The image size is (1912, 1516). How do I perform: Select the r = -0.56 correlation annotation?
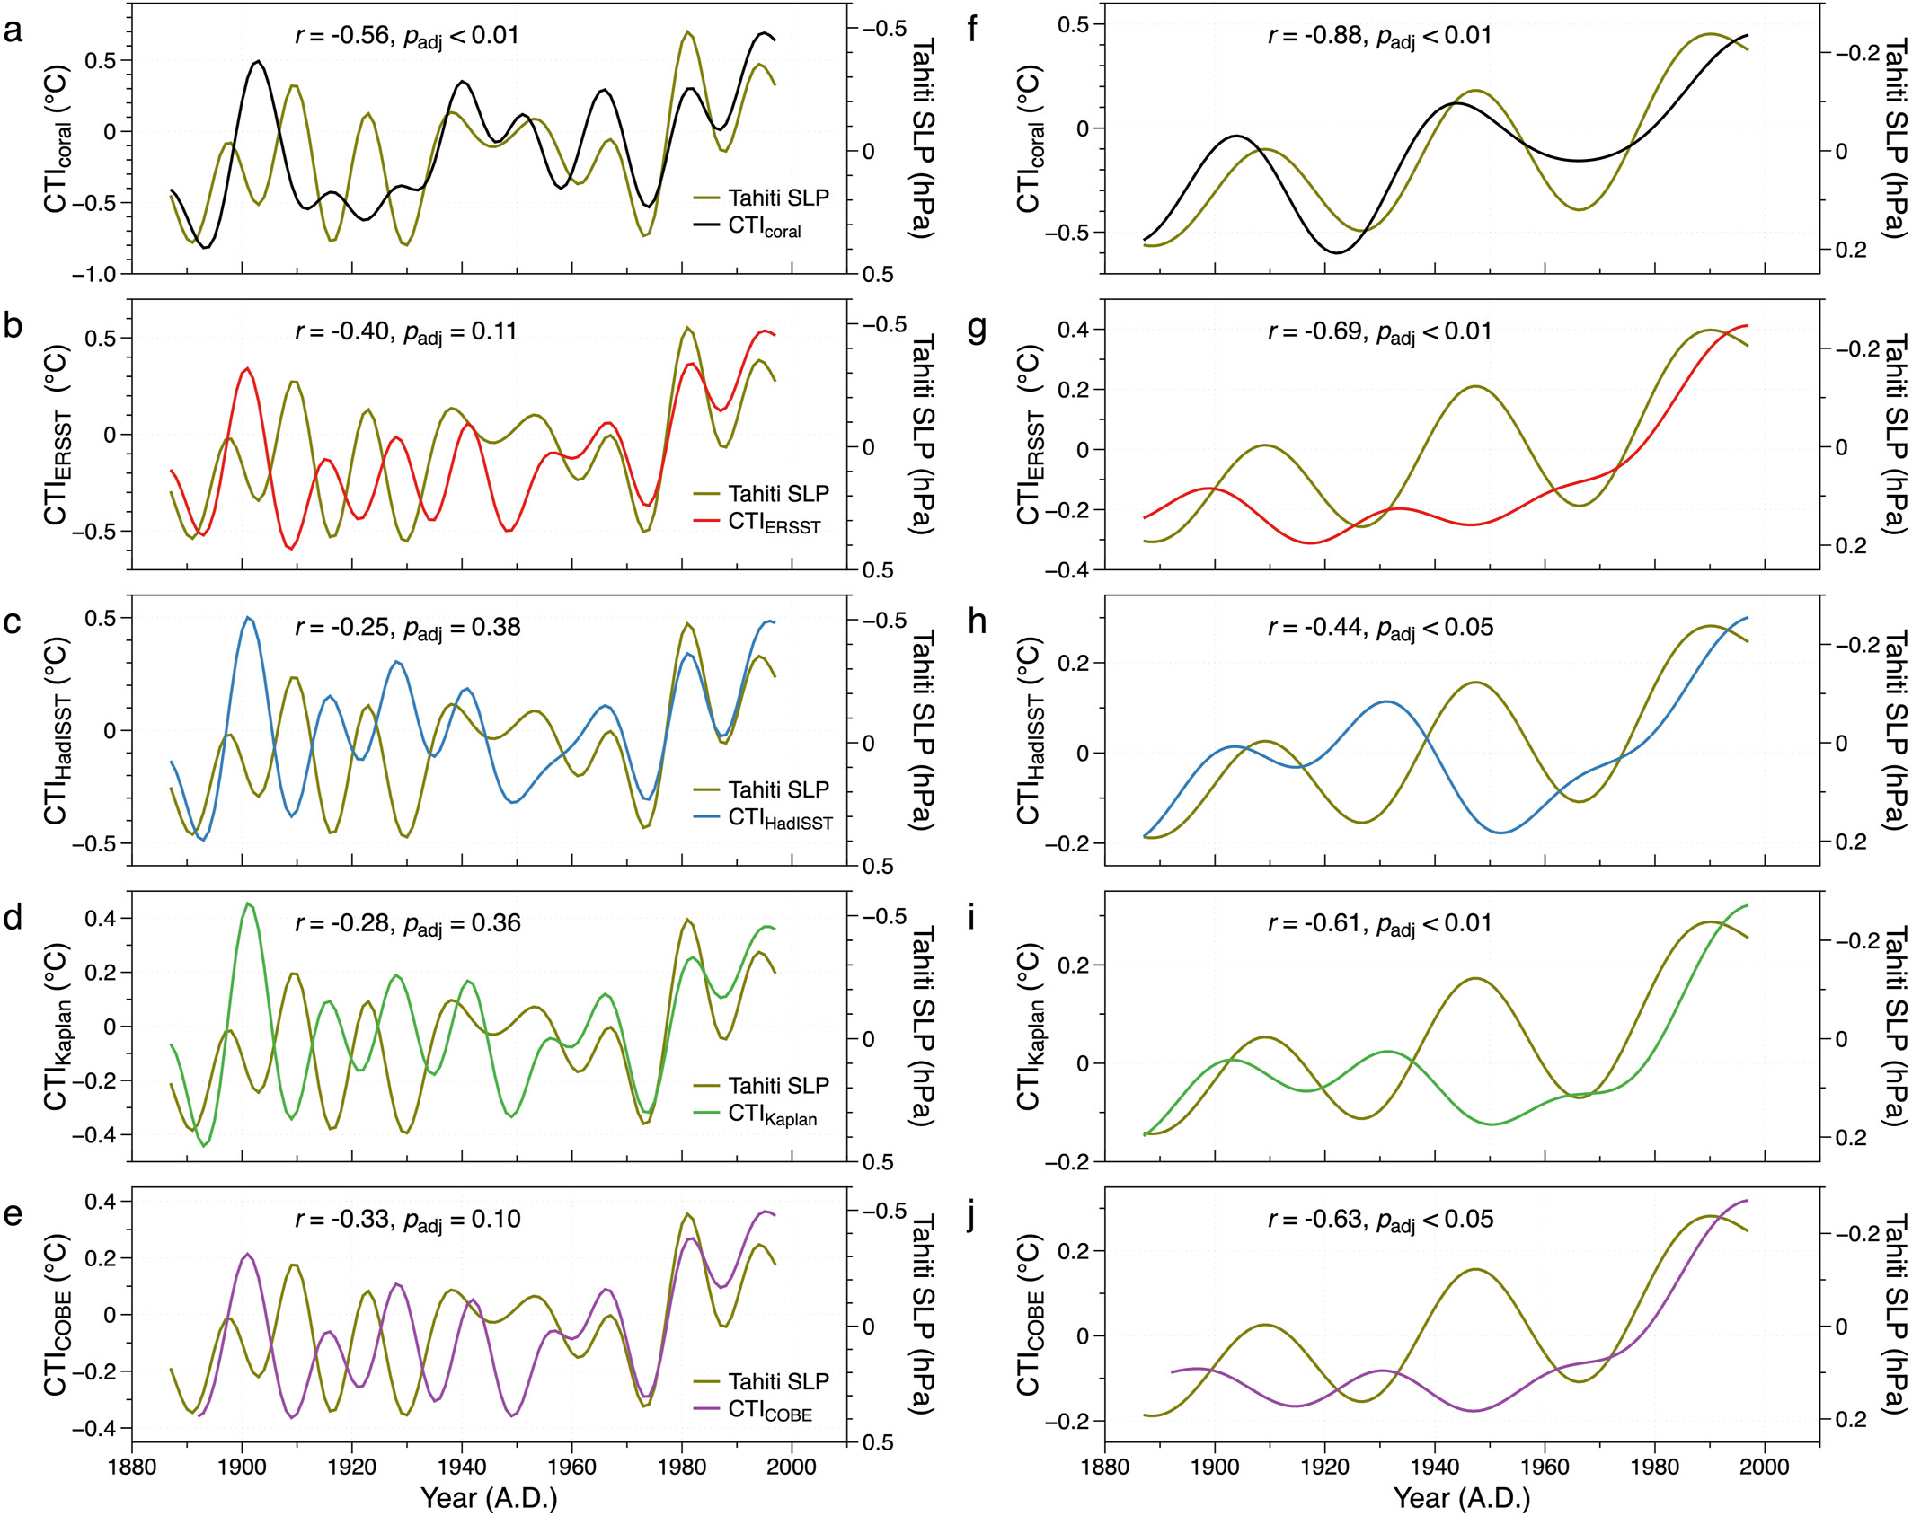(x=406, y=36)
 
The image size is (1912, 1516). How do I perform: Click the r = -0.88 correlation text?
(x=1379, y=36)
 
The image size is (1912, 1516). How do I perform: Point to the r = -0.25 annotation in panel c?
(x=407, y=628)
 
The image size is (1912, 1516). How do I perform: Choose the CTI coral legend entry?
(x=764, y=226)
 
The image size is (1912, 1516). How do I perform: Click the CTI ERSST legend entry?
(x=774, y=523)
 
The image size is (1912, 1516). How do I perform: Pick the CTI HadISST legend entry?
(x=779, y=818)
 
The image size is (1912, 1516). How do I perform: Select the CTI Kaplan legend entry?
(x=772, y=1115)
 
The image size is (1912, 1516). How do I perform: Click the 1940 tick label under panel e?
(x=462, y=1468)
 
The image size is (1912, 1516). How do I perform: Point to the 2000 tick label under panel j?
(x=1765, y=1468)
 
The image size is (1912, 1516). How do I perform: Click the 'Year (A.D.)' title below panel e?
(x=489, y=1498)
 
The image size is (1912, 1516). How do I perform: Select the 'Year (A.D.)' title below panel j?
(x=1462, y=1498)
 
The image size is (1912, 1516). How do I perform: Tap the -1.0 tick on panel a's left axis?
(x=94, y=275)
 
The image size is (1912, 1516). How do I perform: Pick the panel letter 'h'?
(x=977, y=622)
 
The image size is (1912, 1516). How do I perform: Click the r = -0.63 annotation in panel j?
(x=1380, y=1220)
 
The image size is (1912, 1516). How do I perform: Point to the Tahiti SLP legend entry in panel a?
(x=778, y=198)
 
